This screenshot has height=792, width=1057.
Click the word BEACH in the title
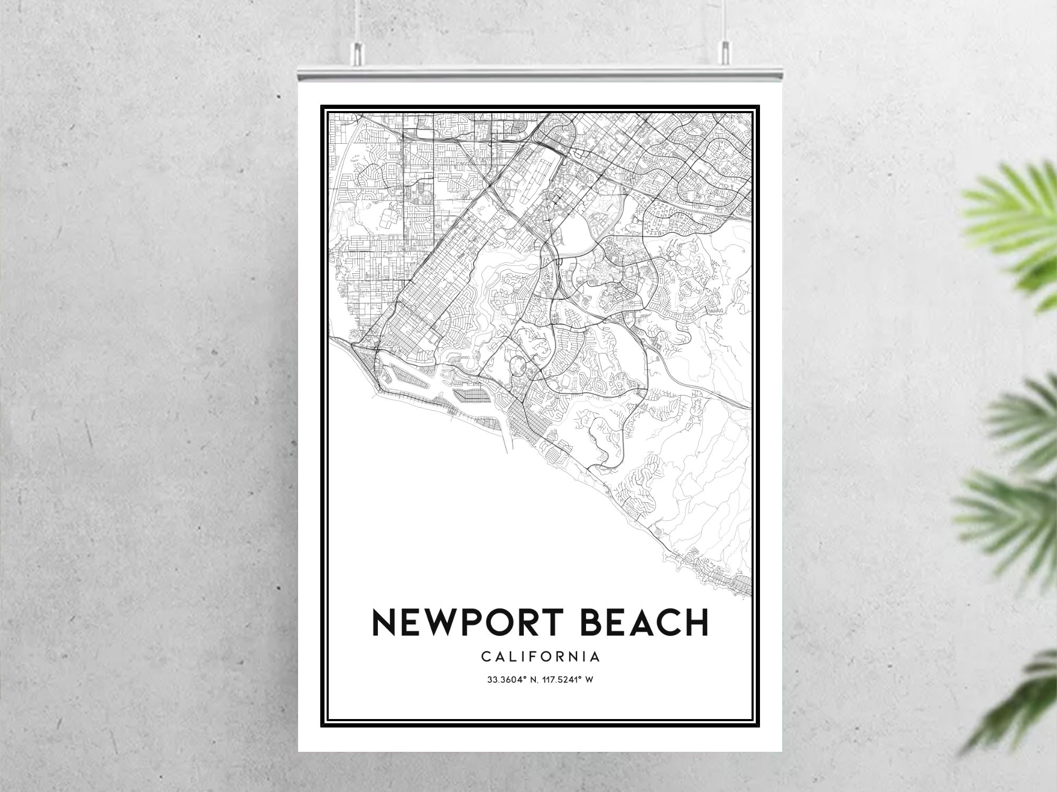(x=644, y=622)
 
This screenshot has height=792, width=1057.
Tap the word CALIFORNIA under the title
(x=541, y=657)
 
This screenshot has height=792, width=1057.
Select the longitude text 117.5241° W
(x=567, y=680)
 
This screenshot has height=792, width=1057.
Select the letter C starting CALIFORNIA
(x=486, y=657)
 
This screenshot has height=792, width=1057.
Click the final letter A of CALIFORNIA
(x=595, y=657)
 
